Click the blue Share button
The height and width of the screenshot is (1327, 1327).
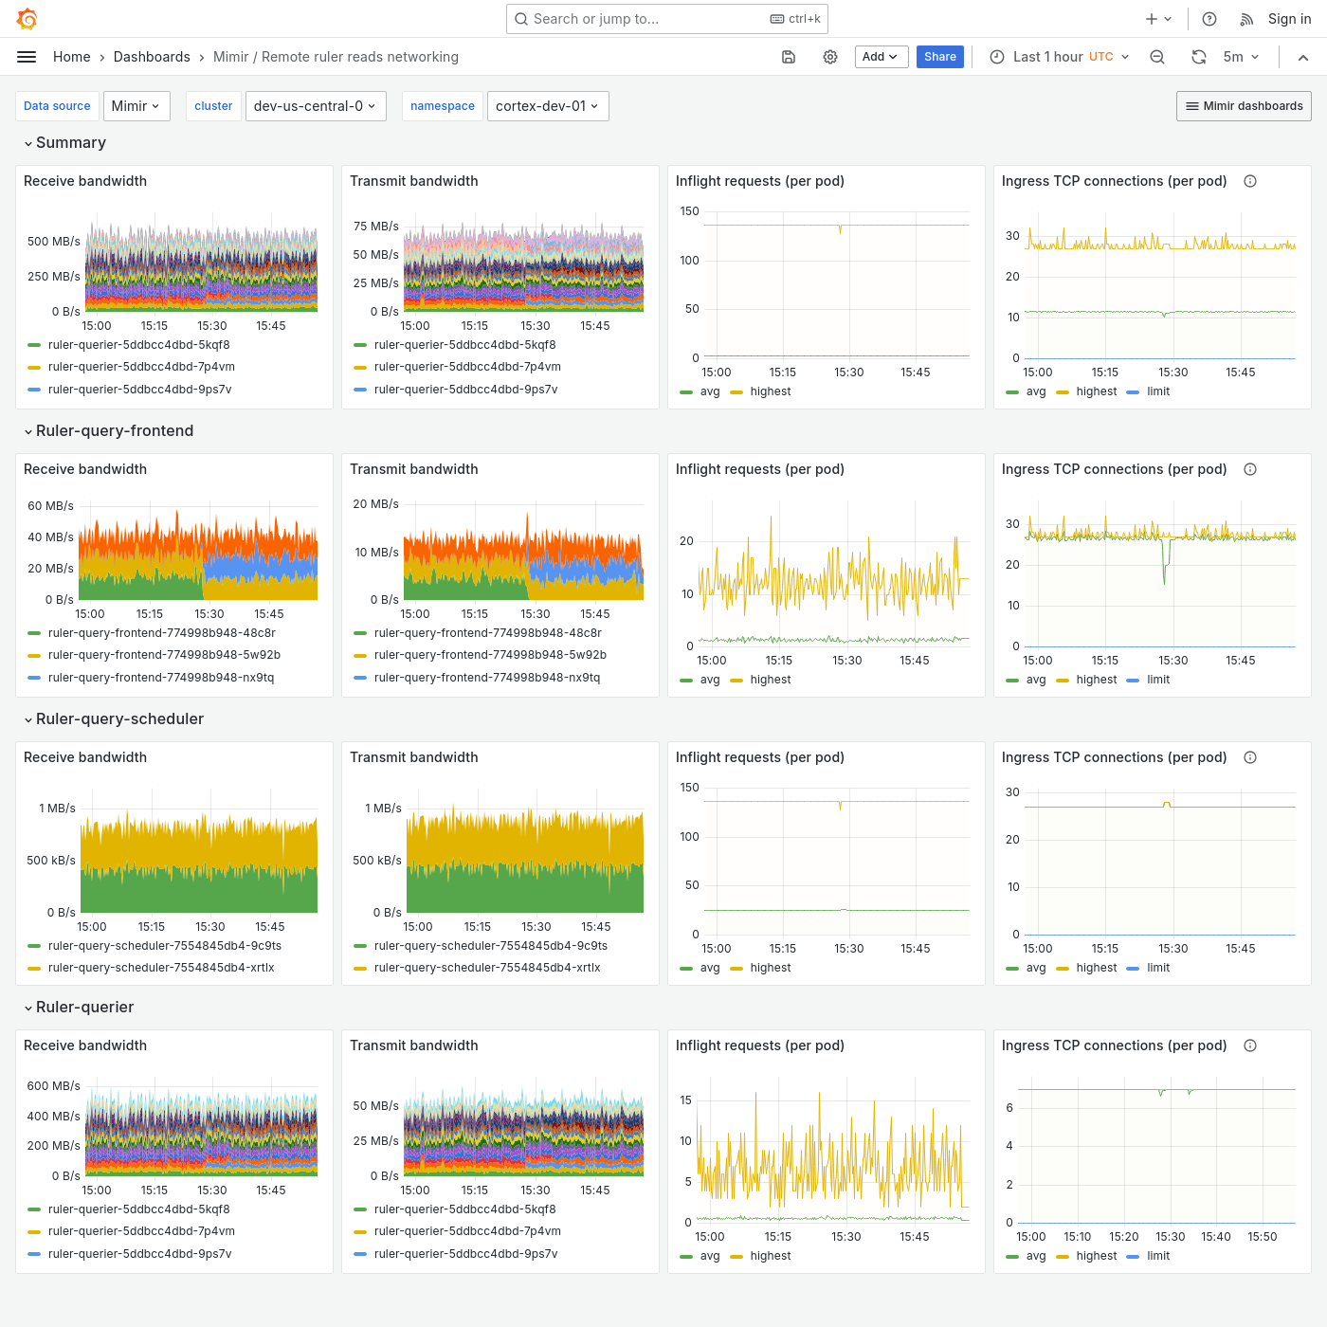tap(939, 57)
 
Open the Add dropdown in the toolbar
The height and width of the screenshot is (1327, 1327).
tap(881, 57)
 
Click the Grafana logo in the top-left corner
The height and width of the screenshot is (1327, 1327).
tap(27, 19)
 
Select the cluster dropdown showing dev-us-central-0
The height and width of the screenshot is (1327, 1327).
tap(314, 106)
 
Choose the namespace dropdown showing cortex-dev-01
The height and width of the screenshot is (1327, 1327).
tap(547, 106)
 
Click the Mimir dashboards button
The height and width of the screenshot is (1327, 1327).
tap(1244, 106)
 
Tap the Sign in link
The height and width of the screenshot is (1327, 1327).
tap(1289, 19)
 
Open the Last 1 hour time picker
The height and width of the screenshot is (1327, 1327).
tap(1060, 57)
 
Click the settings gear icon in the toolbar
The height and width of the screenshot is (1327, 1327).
tap(830, 57)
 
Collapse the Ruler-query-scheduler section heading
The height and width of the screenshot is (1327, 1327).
tap(119, 718)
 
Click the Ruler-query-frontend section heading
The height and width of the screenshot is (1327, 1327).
tap(115, 430)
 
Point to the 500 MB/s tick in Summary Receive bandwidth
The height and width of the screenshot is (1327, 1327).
tap(54, 242)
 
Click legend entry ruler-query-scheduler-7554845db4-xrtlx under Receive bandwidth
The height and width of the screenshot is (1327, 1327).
tap(161, 968)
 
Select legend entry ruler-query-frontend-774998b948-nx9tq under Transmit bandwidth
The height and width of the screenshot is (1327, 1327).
tap(486, 678)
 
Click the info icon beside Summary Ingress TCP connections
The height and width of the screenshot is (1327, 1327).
tap(1250, 181)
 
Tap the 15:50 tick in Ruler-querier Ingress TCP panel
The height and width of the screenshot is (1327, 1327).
tap(1263, 1237)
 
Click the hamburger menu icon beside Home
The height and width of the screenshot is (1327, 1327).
tap(27, 57)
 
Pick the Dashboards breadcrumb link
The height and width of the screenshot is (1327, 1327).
tap(152, 57)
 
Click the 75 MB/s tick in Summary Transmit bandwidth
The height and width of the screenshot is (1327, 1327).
tap(376, 227)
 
